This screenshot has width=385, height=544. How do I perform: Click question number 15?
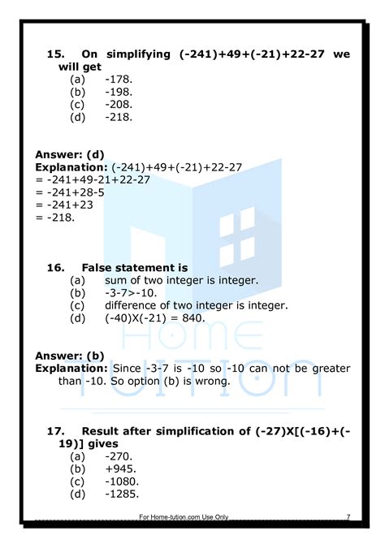(55, 54)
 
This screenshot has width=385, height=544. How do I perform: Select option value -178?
(119, 79)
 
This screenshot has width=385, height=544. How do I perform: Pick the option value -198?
(119, 92)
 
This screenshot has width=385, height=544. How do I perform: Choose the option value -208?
(119, 104)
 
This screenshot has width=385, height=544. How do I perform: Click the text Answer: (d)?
(70, 154)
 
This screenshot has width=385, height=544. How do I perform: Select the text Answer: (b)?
(70, 355)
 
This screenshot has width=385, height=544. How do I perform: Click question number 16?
(55, 267)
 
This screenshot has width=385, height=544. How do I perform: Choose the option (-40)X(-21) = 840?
(154, 317)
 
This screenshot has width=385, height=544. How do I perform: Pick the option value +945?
(120, 468)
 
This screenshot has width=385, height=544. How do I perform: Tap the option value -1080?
(122, 481)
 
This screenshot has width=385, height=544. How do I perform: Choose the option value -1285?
(122, 493)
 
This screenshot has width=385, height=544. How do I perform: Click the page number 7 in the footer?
(348, 516)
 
